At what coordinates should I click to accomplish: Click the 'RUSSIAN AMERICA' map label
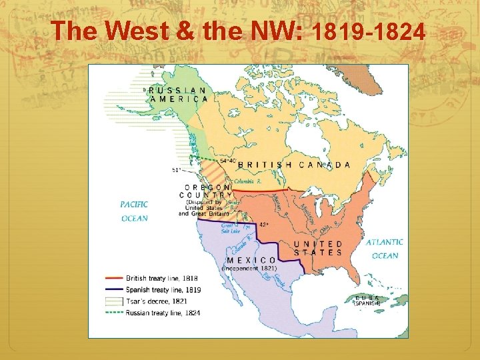click(178, 94)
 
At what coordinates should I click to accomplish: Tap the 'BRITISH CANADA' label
click(294, 165)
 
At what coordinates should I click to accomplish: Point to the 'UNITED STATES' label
click(318, 248)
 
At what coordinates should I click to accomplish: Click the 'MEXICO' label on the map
click(251, 260)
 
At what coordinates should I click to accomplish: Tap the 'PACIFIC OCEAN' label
click(134, 211)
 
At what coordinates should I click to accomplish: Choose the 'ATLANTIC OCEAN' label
click(385, 249)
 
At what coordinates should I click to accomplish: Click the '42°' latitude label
click(265, 225)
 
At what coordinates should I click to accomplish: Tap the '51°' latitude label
click(176, 170)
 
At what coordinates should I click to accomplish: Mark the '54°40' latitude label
click(227, 161)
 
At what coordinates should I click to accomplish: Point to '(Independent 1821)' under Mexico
click(249, 268)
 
